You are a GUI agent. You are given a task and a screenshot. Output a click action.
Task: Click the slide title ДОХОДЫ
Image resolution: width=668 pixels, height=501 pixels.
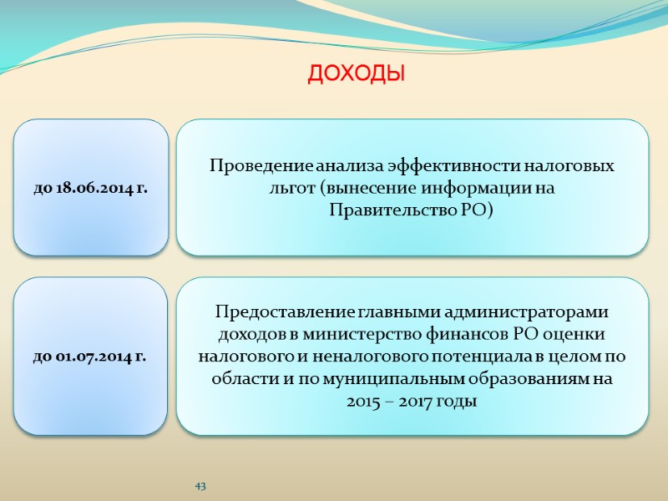(357, 75)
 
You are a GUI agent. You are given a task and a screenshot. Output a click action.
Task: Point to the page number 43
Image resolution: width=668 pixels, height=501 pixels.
(200, 486)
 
